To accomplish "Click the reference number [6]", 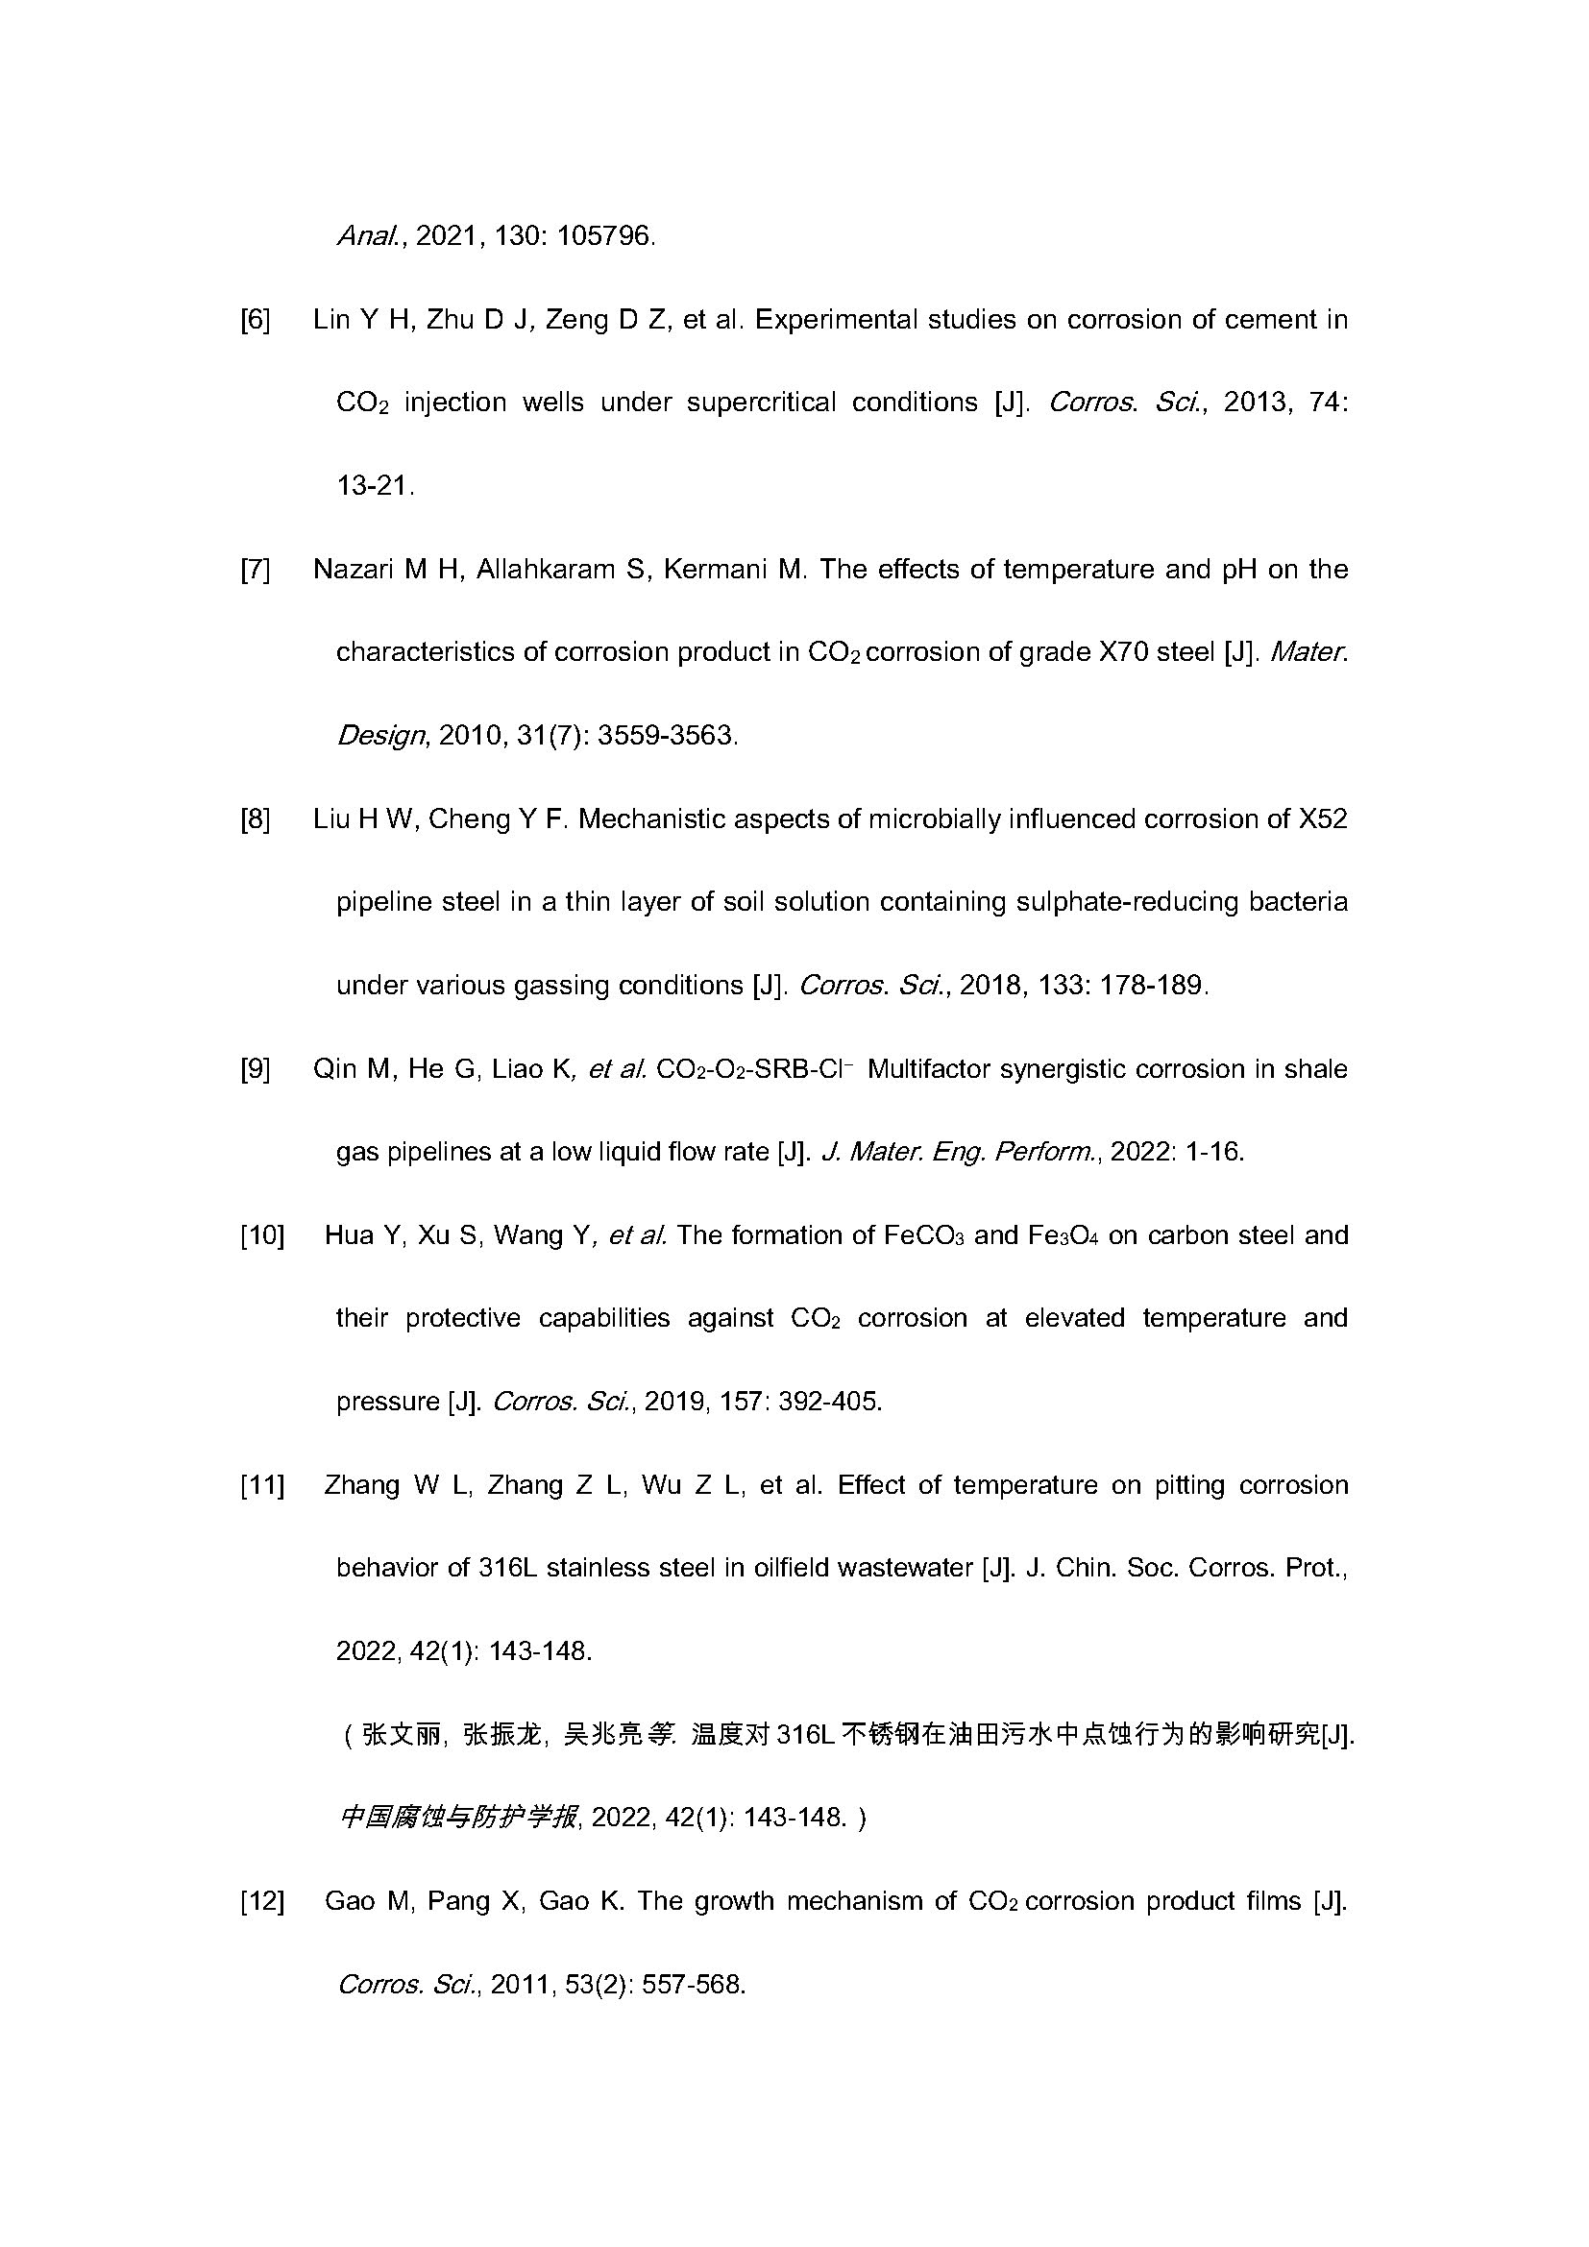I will pyautogui.click(x=256, y=320).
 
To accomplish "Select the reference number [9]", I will pyautogui.click(x=256, y=1069).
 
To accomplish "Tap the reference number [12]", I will pyautogui.click(x=262, y=1901).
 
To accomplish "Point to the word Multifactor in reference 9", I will pyautogui.click(x=929, y=1069).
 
